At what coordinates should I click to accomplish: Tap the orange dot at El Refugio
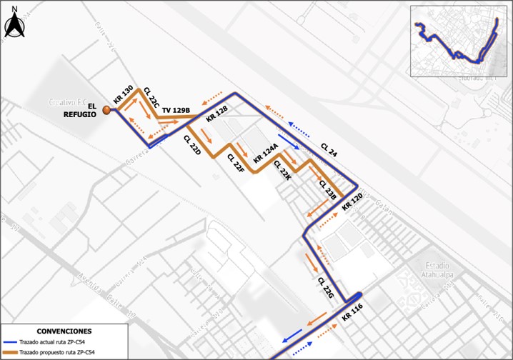[106, 110]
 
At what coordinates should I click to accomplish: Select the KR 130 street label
[124, 94]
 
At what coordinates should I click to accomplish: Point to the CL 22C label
[151, 99]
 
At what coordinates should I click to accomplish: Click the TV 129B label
[176, 111]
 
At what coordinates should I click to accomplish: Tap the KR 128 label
[216, 113]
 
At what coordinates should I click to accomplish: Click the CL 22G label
[325, 289]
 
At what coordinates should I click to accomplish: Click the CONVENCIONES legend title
[64, 332]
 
